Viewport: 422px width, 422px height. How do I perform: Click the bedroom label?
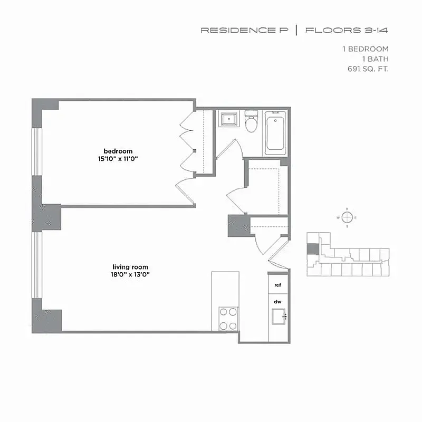[x=118, y=151]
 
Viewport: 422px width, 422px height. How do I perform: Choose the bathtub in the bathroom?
[x=275, y=131]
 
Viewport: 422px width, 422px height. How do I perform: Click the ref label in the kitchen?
[x=277, y=285]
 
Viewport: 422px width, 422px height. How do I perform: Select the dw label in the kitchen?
[x=277, y=302]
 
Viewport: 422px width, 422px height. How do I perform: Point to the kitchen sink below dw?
[x=278, y=316]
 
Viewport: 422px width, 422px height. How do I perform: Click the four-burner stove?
[x=229, y=319]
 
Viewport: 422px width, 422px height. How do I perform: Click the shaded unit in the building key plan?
[x=313, y=249]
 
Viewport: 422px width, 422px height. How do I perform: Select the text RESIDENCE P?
[x=244, y=31]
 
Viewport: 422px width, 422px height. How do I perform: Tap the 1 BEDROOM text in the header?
[x=366, y=49]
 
